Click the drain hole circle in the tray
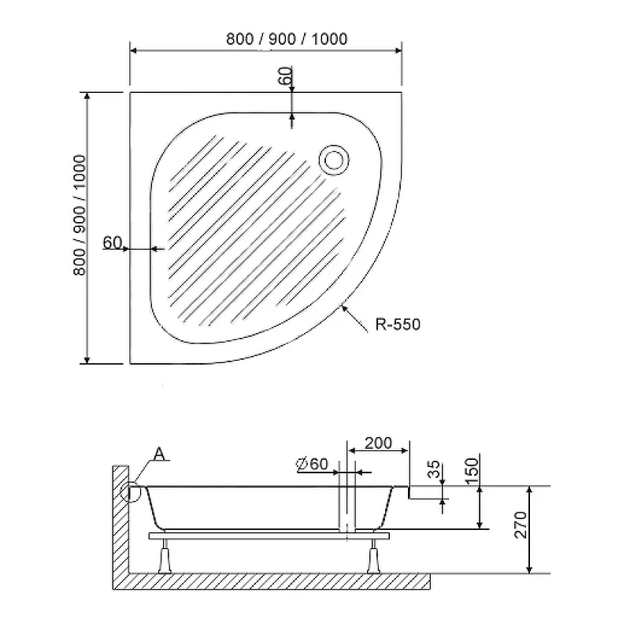334,160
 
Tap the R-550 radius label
398,324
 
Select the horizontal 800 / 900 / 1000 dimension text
287,39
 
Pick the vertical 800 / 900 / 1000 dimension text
80,215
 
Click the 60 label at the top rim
285,76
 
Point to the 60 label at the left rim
112,243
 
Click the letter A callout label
160,454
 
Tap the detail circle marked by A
131,493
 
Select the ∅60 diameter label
312,464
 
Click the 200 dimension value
378,443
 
